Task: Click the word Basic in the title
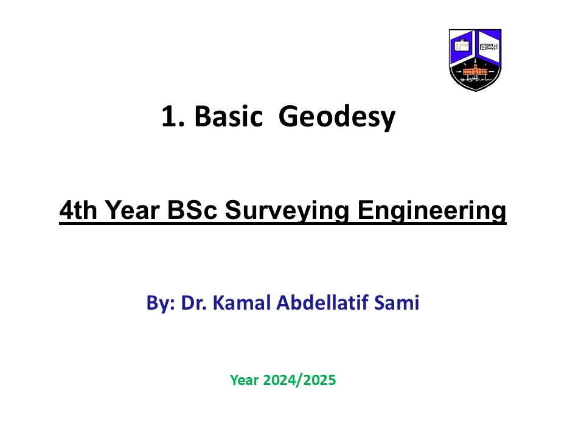pyautogui.click(x=229, y=116)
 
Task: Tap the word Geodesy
pyautogui.click(x=336, y=117)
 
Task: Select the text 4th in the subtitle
pyautogui.click(x=78, y=210)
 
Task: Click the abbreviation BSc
pyautogui.click(x=192, y=210)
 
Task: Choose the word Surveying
pyautogui.click(x=287, y=211)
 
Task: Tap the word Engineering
pyautogui.click(x=432, y=211)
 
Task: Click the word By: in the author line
pyautogui.click(x=161, y=303)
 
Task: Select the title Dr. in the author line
pyautogui.click(x=193, y=302)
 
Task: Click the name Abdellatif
pyautogui.click(x=322, y=302)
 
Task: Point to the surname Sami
pyautogui.click(x=397, y=302)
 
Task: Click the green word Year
pyautogui.click(x=245, y=380)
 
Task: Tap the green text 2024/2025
pyautogui.click(x=299, y=380)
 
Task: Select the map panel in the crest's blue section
pyautogui.click(x=462, y=46)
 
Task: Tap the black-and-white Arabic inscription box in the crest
pyautogui.click(x=489, y=47)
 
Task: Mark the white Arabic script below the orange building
pyautogui.click(x=475, y=79)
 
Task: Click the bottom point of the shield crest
pyautogui.click(x=476, y=91)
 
